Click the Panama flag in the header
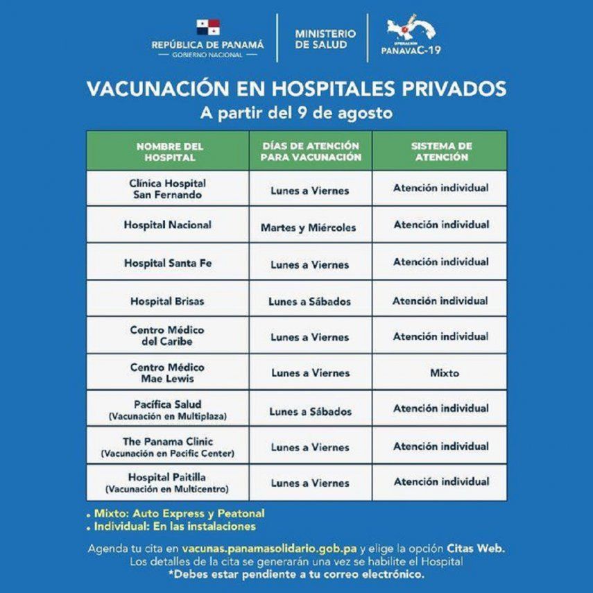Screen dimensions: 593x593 tap(207, 28)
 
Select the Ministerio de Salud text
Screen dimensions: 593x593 tap(325, 38)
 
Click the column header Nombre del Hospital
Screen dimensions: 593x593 tap(169, 152)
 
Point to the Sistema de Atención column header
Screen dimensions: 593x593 tap(440, 152)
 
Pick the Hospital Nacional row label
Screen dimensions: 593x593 tap(168, 225)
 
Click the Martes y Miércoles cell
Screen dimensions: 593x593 tap(309, 227)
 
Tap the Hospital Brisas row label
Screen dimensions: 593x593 tap(168, 301)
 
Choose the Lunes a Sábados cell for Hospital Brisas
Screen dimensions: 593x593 tap(309, 301)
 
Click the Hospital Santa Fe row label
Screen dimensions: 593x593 tap(168, 263)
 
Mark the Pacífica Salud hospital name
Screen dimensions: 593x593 tap(167, 404)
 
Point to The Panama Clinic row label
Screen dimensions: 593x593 tap(168, 441)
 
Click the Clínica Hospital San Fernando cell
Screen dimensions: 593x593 tap(168, 189)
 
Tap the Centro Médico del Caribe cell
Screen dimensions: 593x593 tap(167, 336)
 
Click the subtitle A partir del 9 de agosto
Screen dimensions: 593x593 tap(295, 112)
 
